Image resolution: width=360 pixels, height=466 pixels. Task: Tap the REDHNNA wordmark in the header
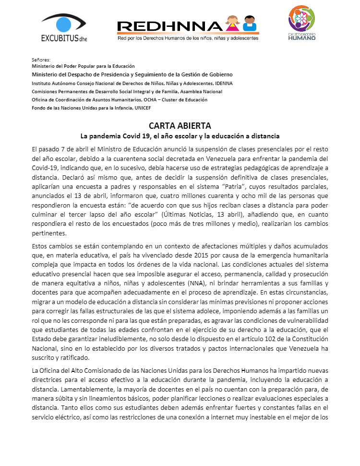[x=169, y=27]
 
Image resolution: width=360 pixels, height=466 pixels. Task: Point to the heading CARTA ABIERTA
[x=180, y=126]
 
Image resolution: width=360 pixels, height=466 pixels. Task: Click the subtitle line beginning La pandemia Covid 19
[x=180, y=136]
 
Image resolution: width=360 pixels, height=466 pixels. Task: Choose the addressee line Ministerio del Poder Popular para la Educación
[x=83, y=66]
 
